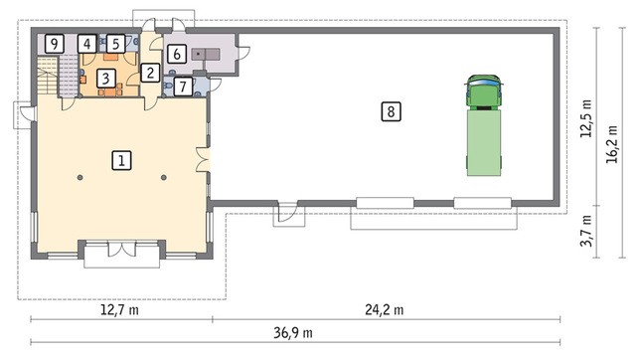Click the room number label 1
[x=121, y=160]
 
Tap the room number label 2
[x=150, y=73]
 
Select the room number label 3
[x=106, y=78]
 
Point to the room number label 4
[x=86, y=44]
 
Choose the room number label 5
[x=116, y=44]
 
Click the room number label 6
[x=177, y=54]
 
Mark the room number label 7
[x=183, y=87]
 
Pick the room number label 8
[x=391, y=111]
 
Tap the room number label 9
[x=55, y=44]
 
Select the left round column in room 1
[x=80, y=177]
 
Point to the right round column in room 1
[x=164, y=177]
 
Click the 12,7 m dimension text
[x=119, y=309]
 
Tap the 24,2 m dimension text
[x=384, y=309]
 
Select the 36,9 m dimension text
[x=293, y=332]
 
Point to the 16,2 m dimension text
[x=612, y=144]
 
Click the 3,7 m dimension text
[x=586, y=232]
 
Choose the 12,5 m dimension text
[x=586, y=118]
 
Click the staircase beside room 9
[x=58, y=77]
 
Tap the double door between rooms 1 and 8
[x=204, y=160]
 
